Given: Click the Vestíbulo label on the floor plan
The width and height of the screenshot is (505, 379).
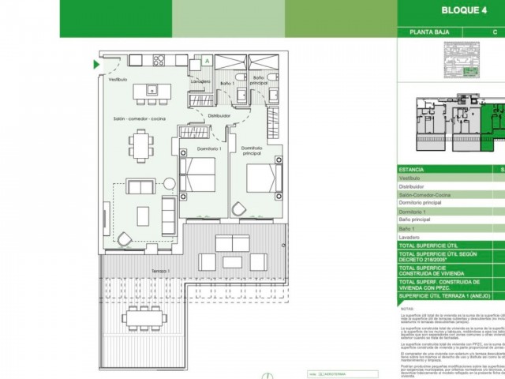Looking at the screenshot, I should point(118,80).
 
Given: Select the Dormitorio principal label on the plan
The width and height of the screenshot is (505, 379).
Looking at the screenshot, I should point(252,150).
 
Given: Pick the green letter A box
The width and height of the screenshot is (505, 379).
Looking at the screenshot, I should point(207,60).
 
